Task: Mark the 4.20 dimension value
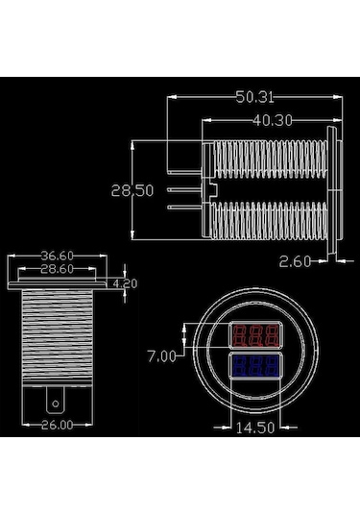point(124,285)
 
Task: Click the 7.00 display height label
point(161,355)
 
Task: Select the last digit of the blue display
point(273,366)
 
